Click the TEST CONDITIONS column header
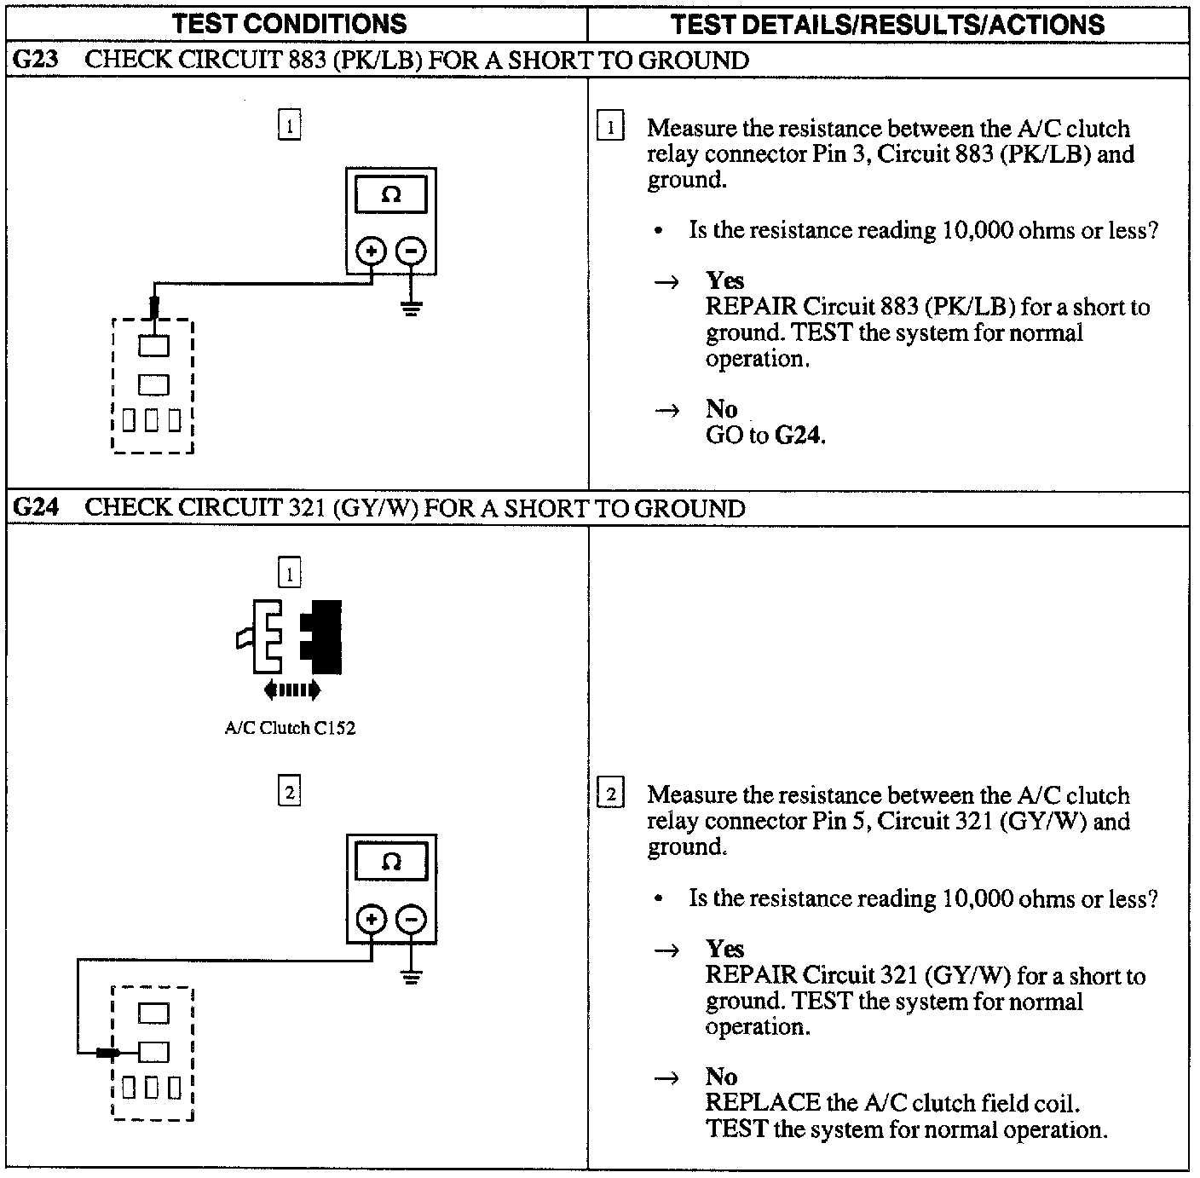[x=290, y=23]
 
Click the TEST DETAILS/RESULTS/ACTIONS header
[x=887, y=23]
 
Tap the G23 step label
[x=36, y=60]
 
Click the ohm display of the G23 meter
[x=391, y=194]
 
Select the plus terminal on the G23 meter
[x=371, y=251]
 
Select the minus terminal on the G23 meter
[x=412, y=251]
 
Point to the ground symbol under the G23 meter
[x=412, y=308]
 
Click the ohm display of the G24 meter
[x=391, y=862]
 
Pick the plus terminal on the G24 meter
[x=371, y=919]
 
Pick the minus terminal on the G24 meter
[x=412, y=919]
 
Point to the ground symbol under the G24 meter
[x=412, y=976]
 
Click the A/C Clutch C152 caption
[x=290, y=728]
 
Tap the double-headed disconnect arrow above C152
[x=291, y=689]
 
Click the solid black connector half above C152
[x=324, y=636]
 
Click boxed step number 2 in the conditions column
[x=290, y=793]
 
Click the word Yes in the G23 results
[x=724, y=280]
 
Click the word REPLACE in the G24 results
[x=762, y=1103]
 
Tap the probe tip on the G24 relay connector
[x=107, y=1053]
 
